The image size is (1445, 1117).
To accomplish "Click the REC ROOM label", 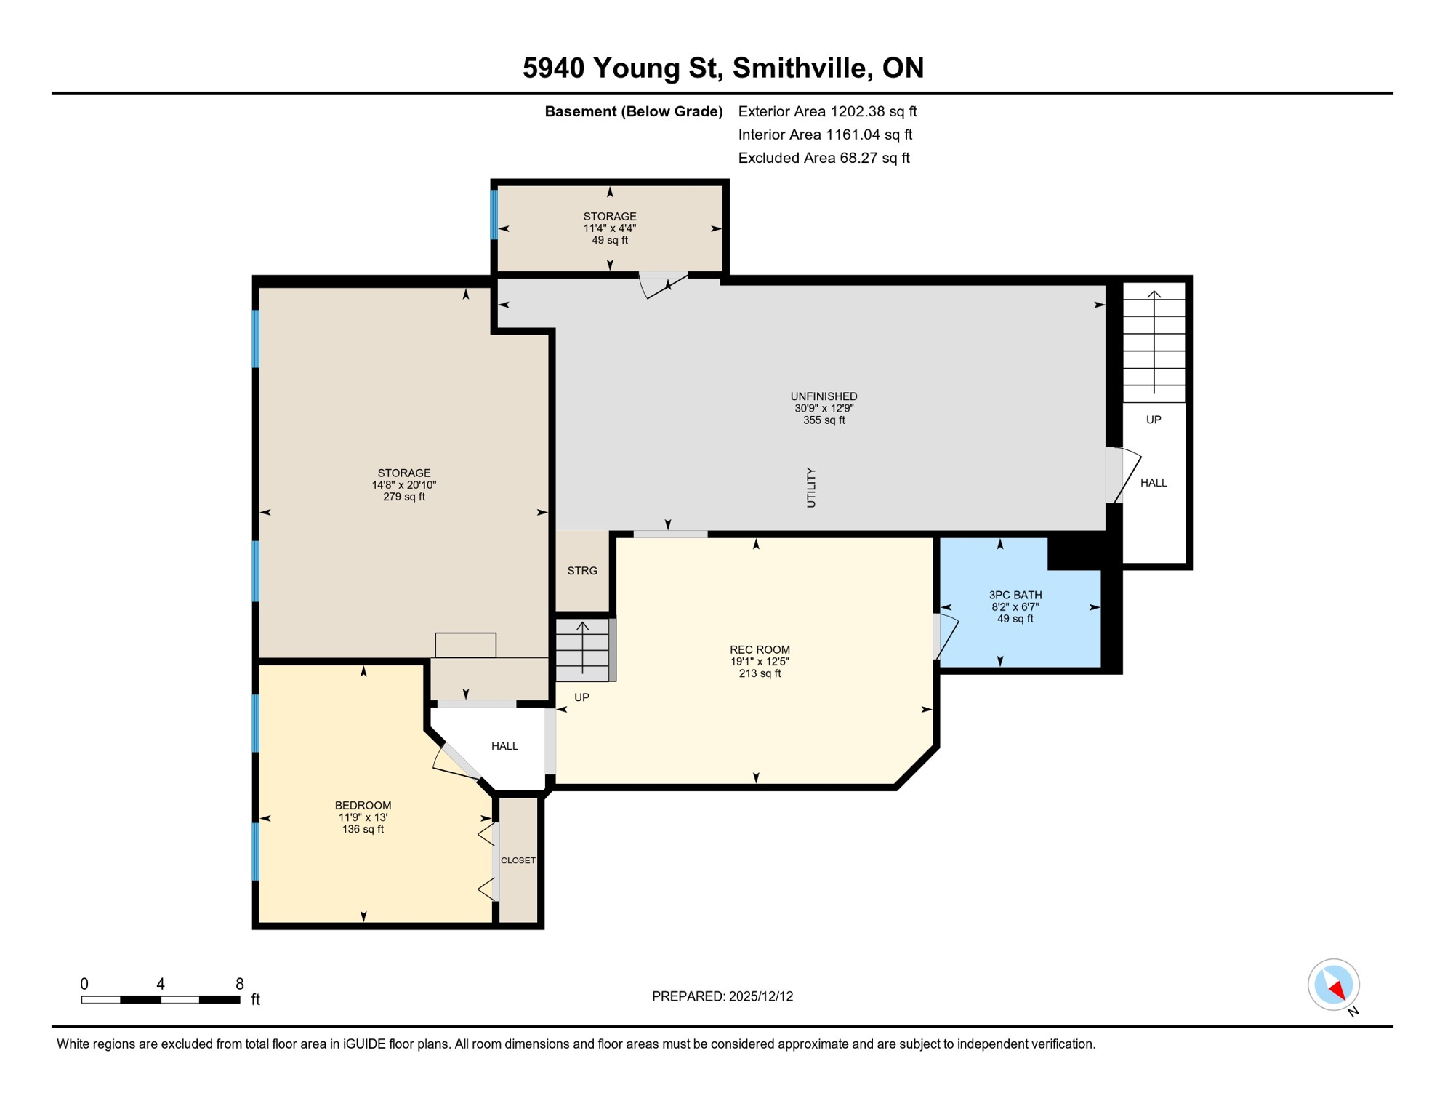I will point(760,649).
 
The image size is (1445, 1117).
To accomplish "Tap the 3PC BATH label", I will point(1015,595).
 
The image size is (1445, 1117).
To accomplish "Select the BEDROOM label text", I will point(363,805).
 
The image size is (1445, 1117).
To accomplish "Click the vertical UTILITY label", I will point(811,487).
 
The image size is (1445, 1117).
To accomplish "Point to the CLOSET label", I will point(518,860).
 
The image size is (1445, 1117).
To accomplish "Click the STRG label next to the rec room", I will point(582,571).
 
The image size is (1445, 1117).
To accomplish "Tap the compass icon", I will point(1334,985).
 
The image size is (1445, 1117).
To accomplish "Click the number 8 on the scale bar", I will point(239,984).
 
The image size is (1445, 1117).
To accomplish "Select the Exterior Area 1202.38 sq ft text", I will point(827,111).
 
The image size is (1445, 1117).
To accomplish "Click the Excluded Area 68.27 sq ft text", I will point(824,158).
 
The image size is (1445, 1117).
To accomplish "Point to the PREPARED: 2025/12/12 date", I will point(722,996).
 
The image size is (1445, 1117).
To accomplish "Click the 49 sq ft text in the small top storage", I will point(609,240).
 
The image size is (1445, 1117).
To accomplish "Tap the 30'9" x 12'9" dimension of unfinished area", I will point(824,408).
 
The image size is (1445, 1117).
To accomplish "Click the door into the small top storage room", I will point(663,284).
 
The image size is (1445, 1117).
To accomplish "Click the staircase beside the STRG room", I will point(583,649).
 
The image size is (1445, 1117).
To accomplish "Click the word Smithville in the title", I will point(800,68).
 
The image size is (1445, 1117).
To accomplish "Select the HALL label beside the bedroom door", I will point(504,746).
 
